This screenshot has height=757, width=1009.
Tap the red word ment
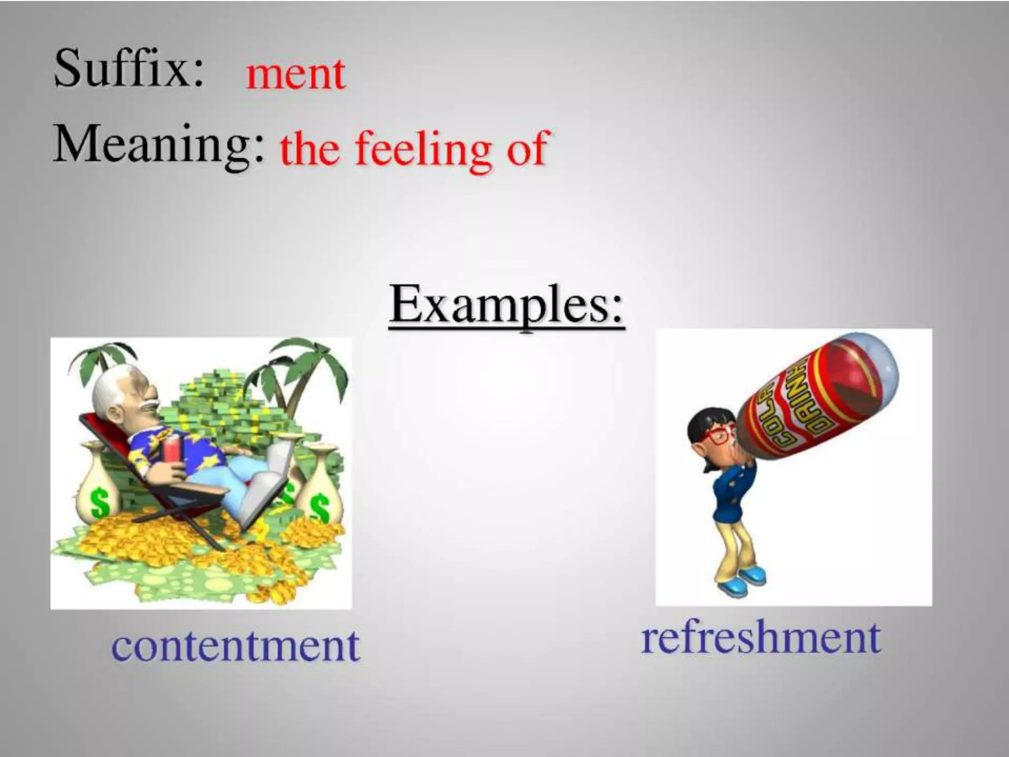pos(296,75)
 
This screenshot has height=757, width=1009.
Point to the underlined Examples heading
pos(506,306)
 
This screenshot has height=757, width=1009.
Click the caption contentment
pos(235,647)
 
